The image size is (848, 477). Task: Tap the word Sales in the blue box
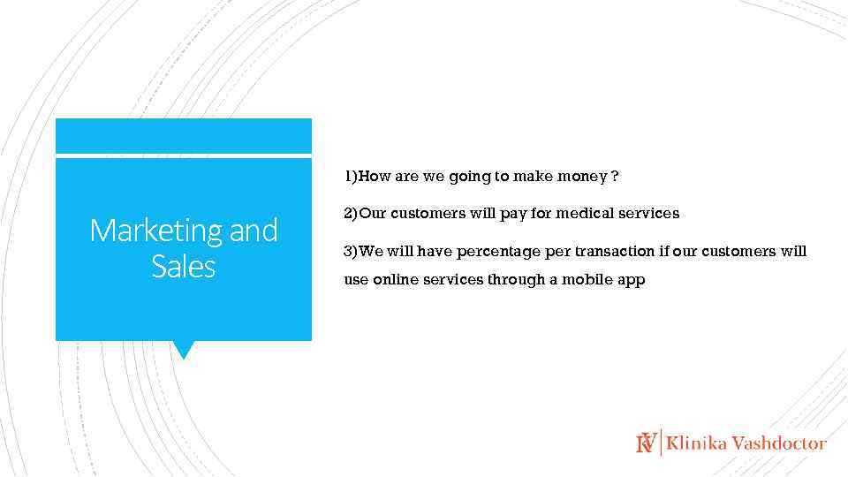[x=183, y=266]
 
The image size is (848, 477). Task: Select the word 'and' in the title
[x=254, y=231]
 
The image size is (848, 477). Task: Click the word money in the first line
[x=580, y=177]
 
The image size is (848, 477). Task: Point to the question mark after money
[x=615, y=177]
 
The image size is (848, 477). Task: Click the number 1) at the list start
[x=352, y=177]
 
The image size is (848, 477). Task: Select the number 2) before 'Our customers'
[x=351, y=214]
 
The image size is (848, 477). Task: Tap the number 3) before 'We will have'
[x=351, y=252]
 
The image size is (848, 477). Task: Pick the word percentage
[x=499, y=252]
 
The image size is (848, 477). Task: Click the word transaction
[x=615, y=252]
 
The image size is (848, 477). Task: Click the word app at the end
[x=632, y=281]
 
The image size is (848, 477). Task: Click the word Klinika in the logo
[x=697, y=443]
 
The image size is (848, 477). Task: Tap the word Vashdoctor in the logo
[x=779, y=443]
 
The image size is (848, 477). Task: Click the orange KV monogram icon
[x=647, y=443]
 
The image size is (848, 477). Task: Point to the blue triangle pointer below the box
[x=183, y=350]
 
